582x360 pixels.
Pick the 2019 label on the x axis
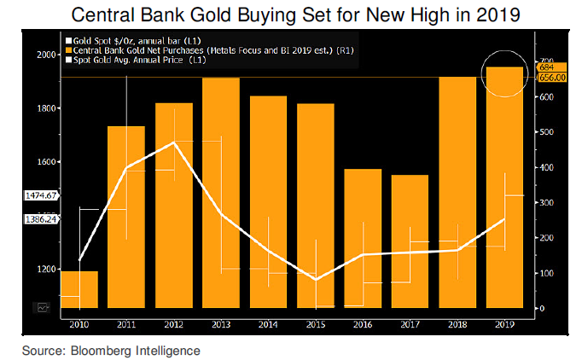point(504,323)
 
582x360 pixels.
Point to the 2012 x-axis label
point(173,323)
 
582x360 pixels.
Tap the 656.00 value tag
point(550,77)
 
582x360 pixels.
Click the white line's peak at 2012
point(174,142)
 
